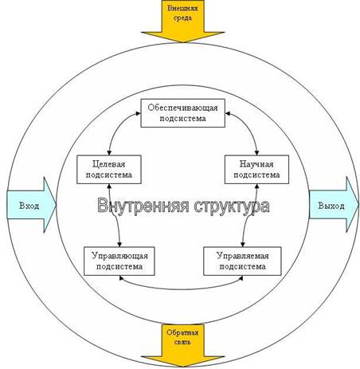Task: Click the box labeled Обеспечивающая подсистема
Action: pyautogui.click(x=182, y=113)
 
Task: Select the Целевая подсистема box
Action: pyautogui.click(x=109, y=170)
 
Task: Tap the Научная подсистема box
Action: pyautogui.click(x=256, y=170)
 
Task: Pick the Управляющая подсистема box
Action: pyautogui.click(x=119, y=261)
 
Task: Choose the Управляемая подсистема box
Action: pyautogui.click(x=242, y=261)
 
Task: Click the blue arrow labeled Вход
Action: pyautogui.click(x=31, y=206)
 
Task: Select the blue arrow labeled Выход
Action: pyautogui.click(x=334, y=205)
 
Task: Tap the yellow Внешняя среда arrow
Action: pyautogui.click(x=183, y=22)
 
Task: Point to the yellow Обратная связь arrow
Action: pyautogui.click(x=183, y=345)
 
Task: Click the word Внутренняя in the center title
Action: pyautogui.click(x=143, y=206)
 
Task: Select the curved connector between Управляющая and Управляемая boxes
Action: pyautogui.click(x=181, y=289)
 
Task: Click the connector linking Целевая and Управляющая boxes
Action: pyautogui.click(x=115, y=215)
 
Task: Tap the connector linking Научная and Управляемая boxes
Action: pyautogui.click(x=248, y=215)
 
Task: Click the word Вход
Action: pyautogui.click(x=29, y=206)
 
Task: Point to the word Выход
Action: pyautogui.click(x=331, y=206)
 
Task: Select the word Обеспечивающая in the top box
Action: pyautogui.click(x=182, y=108)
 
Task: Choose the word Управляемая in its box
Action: pyautogui.click(x=243, y=256)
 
